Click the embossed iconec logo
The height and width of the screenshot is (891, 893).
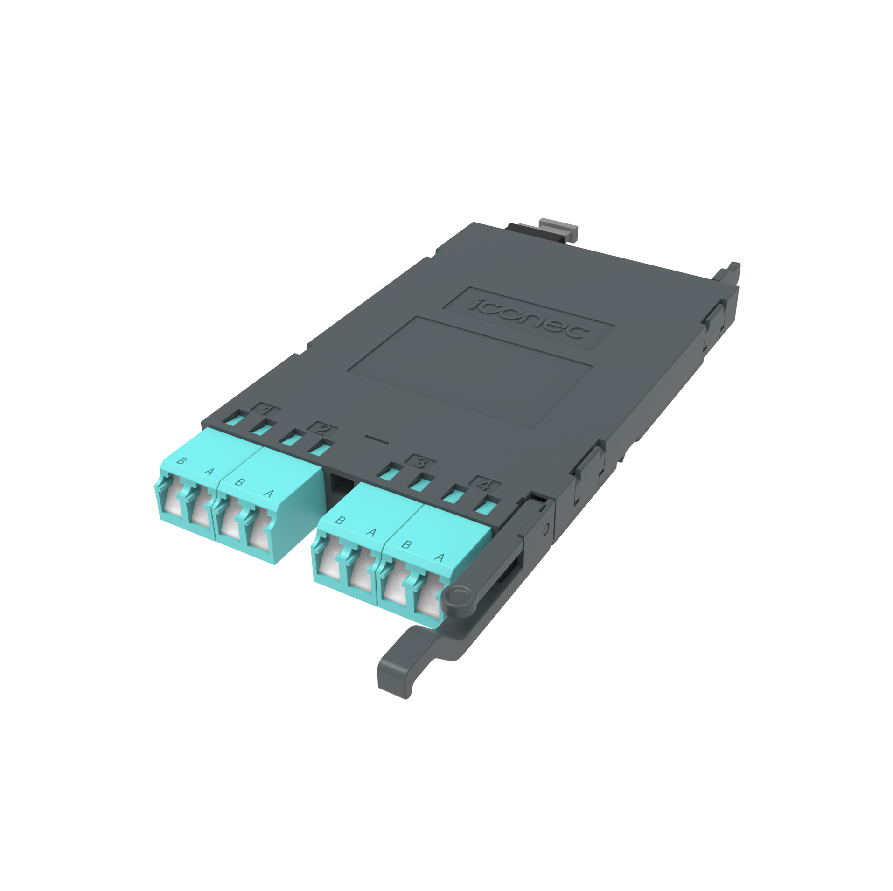(529, 318)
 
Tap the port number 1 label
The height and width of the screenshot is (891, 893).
(266, 410)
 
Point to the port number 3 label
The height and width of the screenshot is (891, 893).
(420, 462)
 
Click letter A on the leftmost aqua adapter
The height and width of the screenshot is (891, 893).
(209, 472)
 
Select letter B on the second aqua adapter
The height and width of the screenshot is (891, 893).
(239, 482)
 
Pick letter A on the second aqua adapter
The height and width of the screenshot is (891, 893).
(268, 493)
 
